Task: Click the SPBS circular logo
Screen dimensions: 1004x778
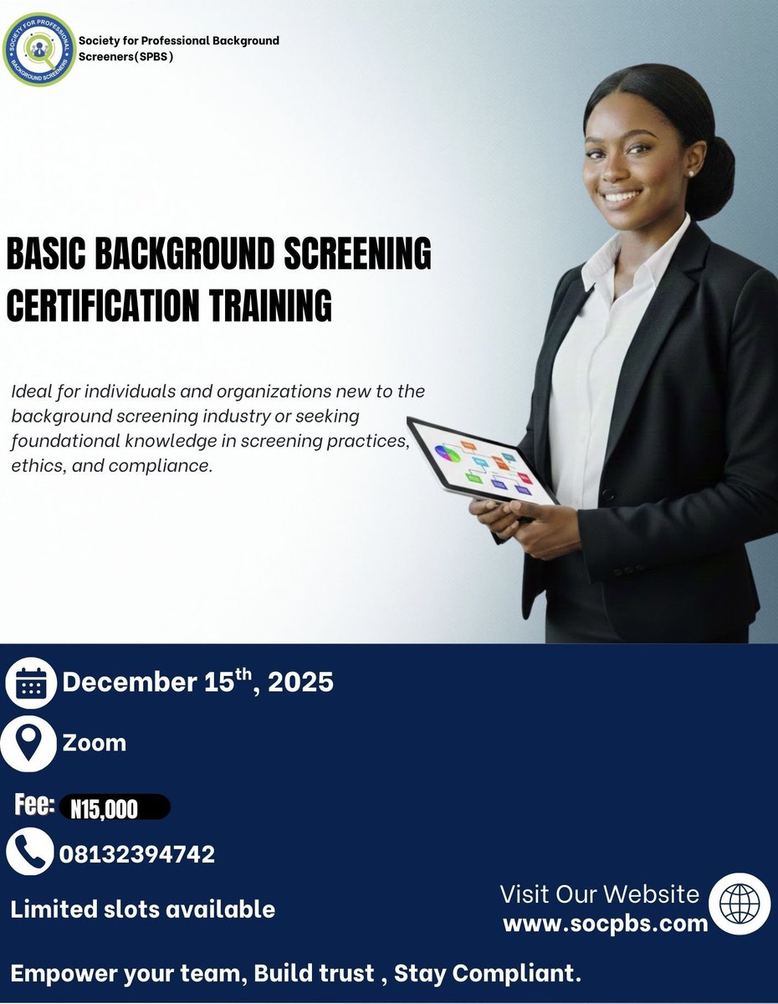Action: click(x=38, y=49)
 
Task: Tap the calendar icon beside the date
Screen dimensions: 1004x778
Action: click(x=30, y=684)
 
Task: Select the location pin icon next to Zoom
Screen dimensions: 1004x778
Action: click(x=29, y=744)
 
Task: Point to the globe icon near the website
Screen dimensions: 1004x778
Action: click(x=740, y=904)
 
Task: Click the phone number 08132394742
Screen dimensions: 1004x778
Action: click(x=137, y=854)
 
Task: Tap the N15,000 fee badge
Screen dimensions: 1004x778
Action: click(x=114, y=808)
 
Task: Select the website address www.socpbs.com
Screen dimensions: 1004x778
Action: click(x=605, y=923)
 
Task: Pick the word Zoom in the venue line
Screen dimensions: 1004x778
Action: click(x=95, y=743)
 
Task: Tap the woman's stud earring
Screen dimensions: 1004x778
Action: click(x=691, y=173)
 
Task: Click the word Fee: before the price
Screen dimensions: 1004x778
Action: click(x=35, y=806)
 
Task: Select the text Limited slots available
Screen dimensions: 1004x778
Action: click(x=143, y=909)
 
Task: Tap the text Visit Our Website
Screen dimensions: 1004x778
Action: click(x=599, y=894)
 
